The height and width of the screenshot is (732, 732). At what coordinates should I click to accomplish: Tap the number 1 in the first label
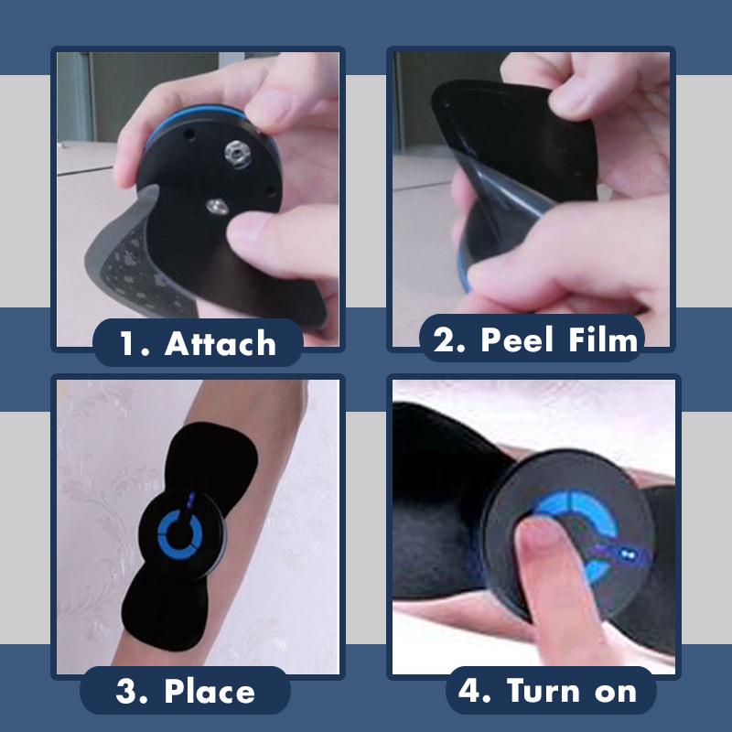pyautogui.click(x=130, y=344)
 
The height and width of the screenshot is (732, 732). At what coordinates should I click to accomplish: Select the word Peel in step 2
pyautogui.click(x=520, y=340)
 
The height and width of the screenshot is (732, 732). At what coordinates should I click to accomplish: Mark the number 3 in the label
pyautogui.click(x=128, y=691)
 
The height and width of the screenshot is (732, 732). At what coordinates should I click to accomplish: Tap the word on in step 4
pyautogui.click(x=615, y=691)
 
